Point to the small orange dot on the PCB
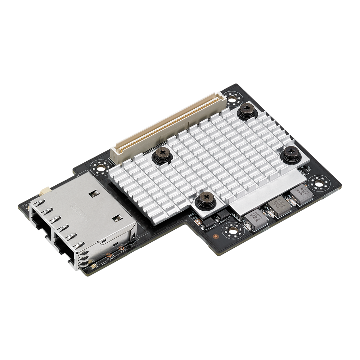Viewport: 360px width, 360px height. tap(215, 237)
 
